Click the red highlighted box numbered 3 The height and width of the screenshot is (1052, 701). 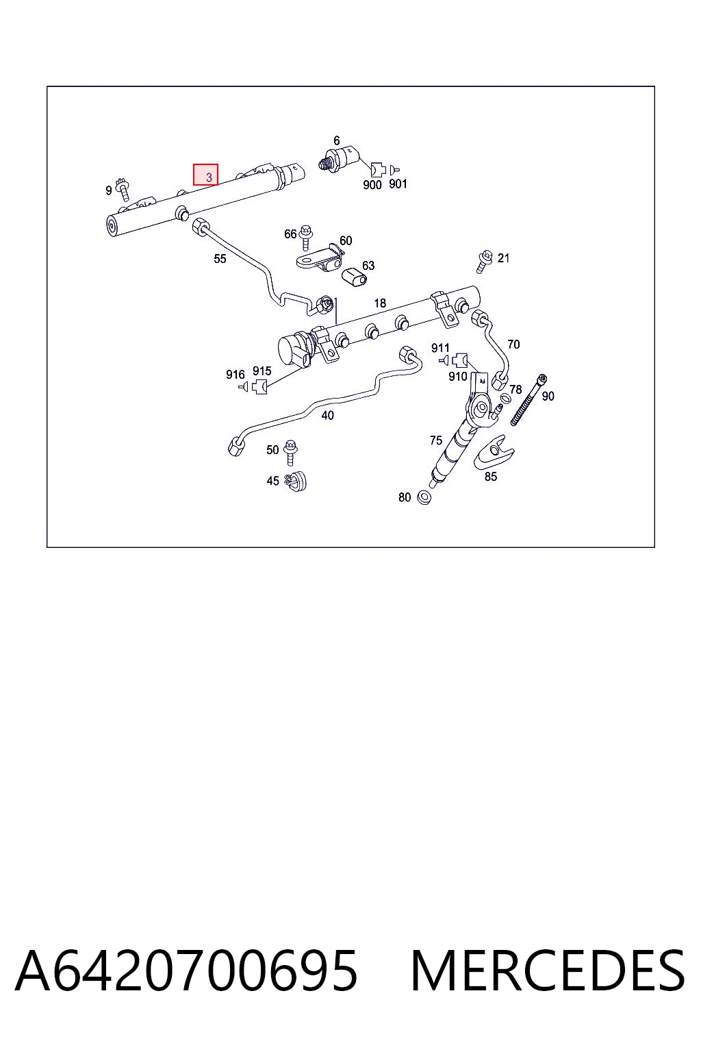tap(205, 175)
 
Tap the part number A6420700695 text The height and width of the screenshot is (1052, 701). tap(186, 971)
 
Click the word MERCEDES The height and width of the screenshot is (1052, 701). tap(548, 971)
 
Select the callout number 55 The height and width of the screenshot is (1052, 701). tap(220, 259)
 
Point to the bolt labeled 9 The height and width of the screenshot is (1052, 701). tap(125, 190)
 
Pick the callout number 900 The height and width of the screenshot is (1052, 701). tap(372, 185)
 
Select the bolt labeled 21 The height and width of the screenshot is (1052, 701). tap(484, 262)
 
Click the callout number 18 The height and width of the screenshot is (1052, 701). tap(380, 303)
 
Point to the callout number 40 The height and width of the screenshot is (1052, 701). tap(327, 415)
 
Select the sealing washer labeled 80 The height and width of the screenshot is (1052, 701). tap(424, 497)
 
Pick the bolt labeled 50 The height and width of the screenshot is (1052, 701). tap(291, 452)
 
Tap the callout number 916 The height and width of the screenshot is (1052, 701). tap(235, 375)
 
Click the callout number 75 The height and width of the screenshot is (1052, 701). tap(435, 440)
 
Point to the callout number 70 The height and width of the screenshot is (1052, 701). tap(513, 345)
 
